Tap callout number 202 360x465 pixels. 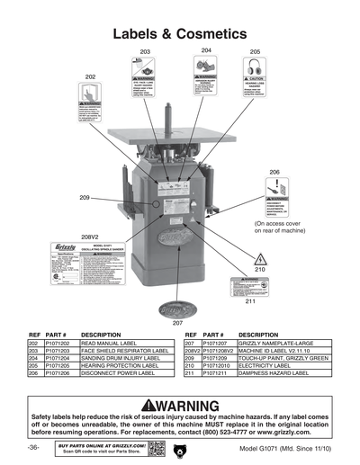91,77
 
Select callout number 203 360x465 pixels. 144,53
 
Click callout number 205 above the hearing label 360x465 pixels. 255,52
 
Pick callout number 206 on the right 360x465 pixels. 274,171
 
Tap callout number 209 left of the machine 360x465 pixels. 84,197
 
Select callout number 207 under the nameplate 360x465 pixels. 177,321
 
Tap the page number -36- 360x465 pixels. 32,447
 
